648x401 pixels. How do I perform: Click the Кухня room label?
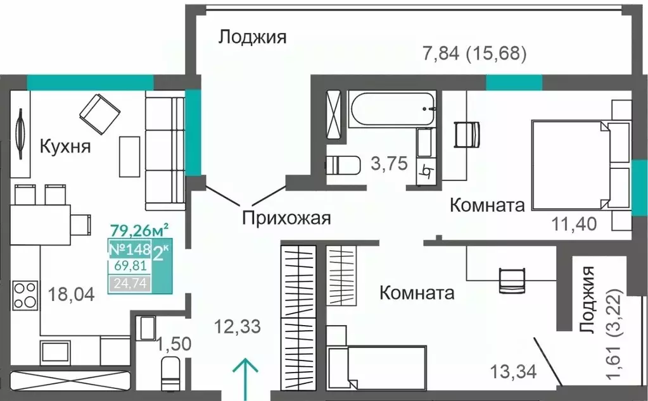(65, 147)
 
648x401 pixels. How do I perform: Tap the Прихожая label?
(287, 219)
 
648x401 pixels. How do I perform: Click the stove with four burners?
(26, 295)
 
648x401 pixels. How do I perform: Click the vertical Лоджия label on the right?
(588, 300)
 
